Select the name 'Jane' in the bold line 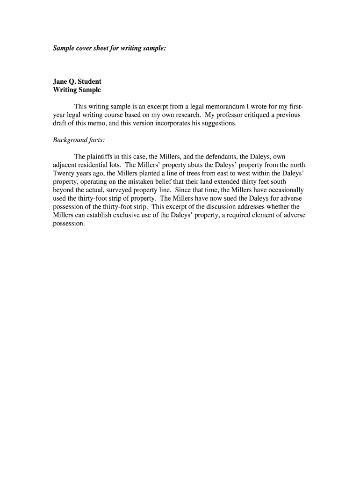click(x=61, y=81)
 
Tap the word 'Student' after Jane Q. click(x=89, y=81)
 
